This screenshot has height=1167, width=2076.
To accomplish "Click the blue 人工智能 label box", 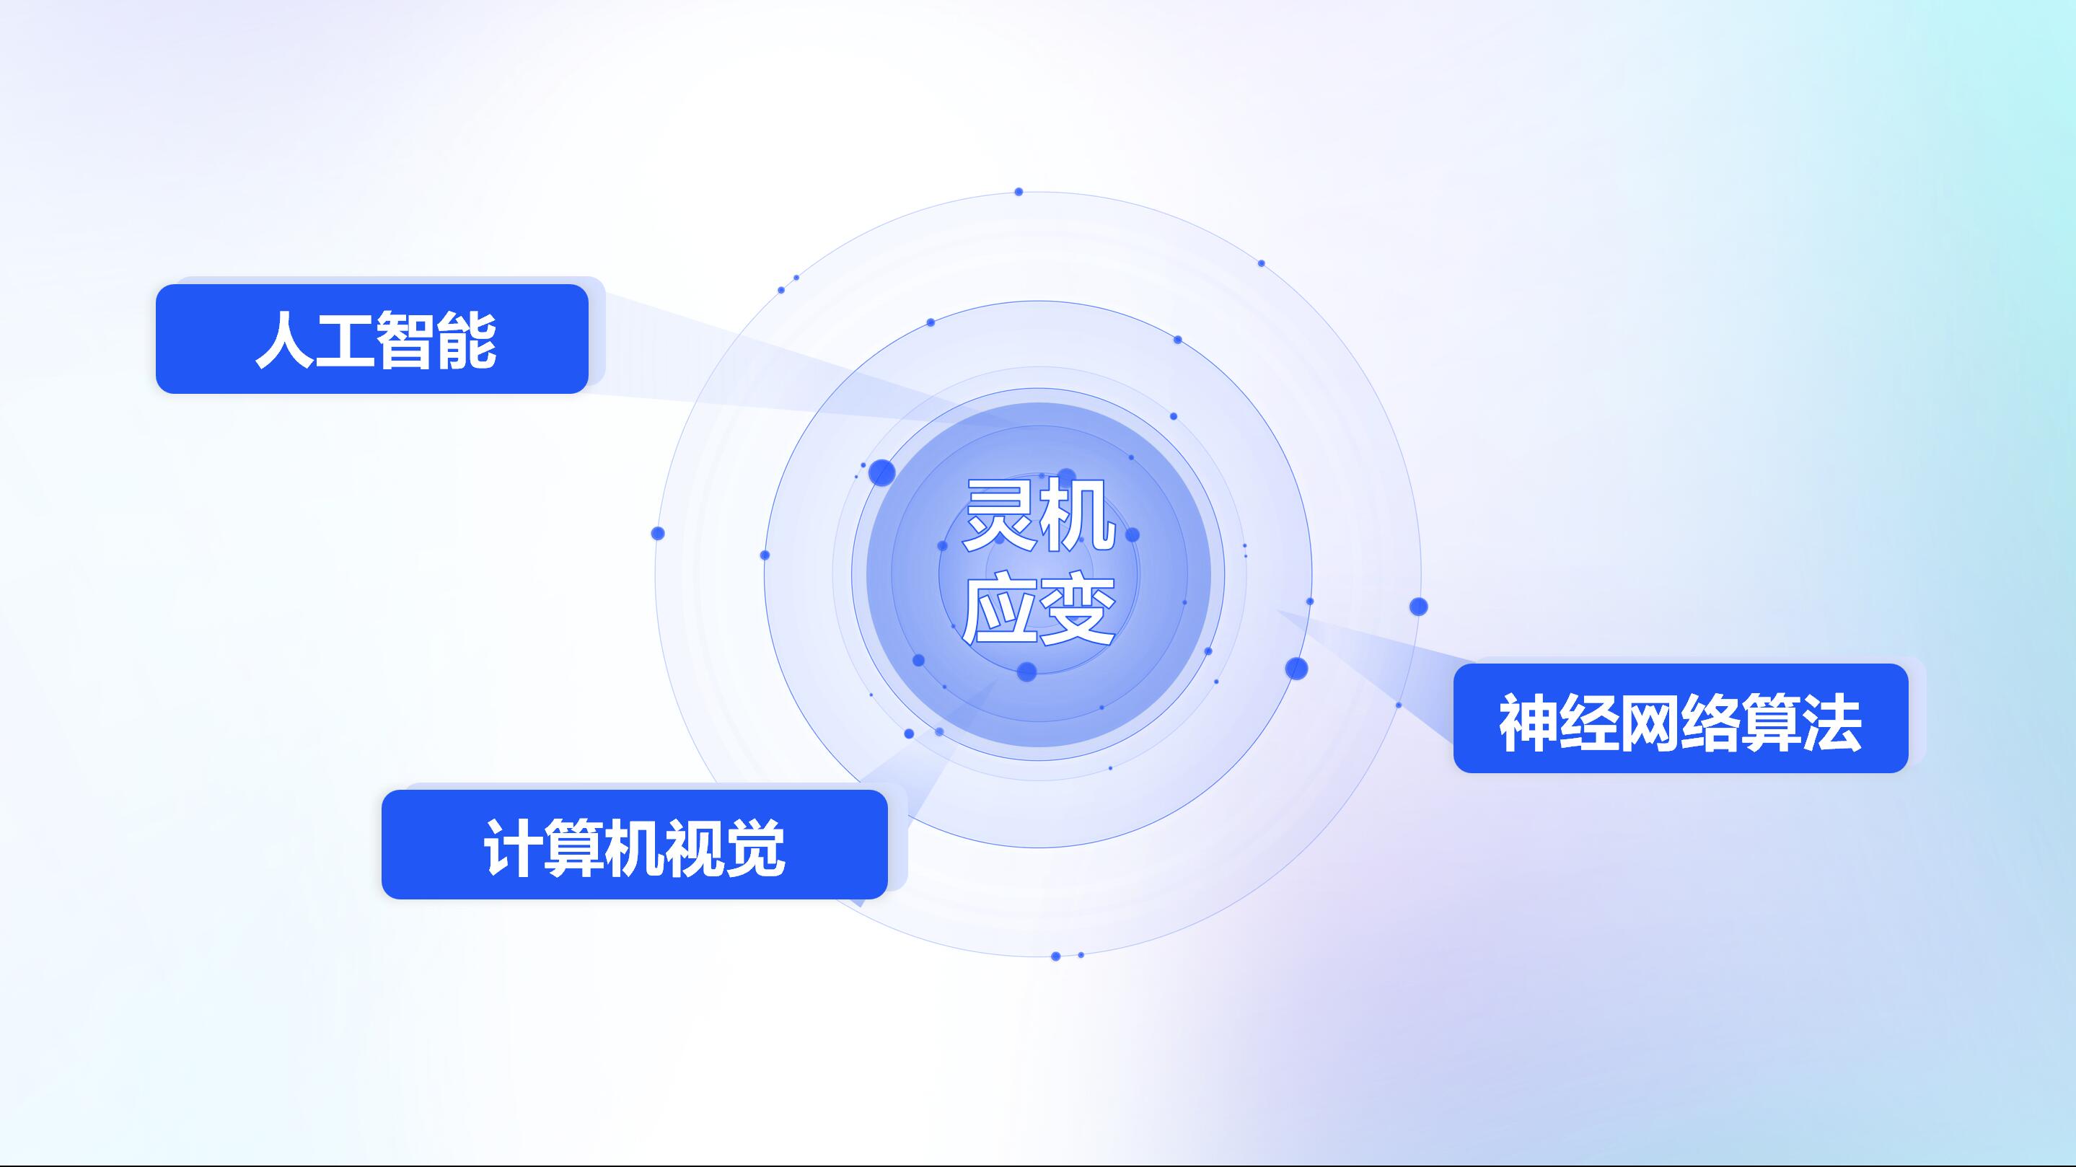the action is click(371, 338).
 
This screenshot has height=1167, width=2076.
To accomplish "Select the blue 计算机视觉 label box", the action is click(634, 845).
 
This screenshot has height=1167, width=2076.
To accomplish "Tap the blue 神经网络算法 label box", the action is click(1680, 718).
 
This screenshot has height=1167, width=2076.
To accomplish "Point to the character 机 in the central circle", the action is click(1078, 514).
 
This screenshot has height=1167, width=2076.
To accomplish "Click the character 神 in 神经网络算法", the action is click(1529, 723).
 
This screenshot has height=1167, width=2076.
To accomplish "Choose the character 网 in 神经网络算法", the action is click(1650, 723).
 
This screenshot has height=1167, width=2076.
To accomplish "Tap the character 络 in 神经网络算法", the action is click(1710, 723).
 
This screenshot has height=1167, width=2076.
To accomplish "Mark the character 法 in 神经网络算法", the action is click(1831, 723).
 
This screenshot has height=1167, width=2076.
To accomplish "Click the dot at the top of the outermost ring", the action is click(1019, 192).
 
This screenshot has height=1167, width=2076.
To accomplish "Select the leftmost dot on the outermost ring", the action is click(658, 534).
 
